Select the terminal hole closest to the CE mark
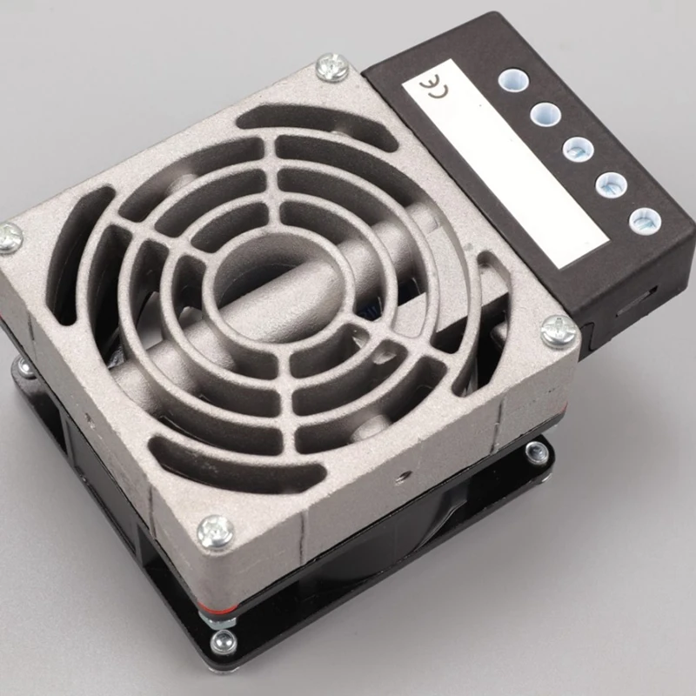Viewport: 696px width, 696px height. point(513,81)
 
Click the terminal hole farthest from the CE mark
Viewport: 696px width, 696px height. point(645,221)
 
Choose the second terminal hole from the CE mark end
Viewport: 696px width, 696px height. point(545,114)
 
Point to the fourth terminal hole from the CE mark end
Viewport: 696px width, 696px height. point(612,184)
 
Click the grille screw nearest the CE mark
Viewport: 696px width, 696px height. point(331,67)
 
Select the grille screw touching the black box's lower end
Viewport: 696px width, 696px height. point(559,331)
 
